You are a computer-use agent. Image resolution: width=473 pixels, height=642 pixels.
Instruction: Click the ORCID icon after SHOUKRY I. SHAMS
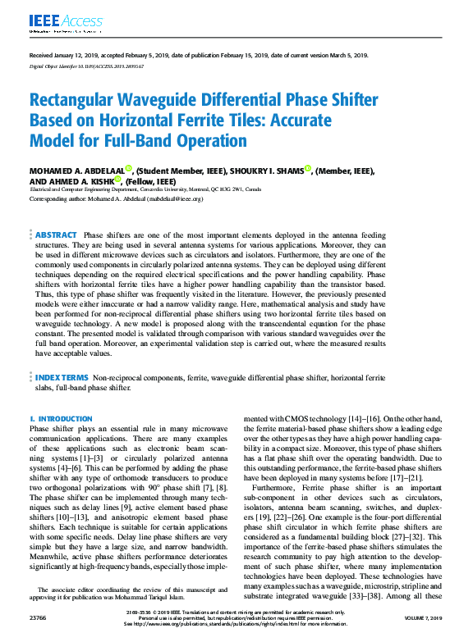(308, 170)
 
